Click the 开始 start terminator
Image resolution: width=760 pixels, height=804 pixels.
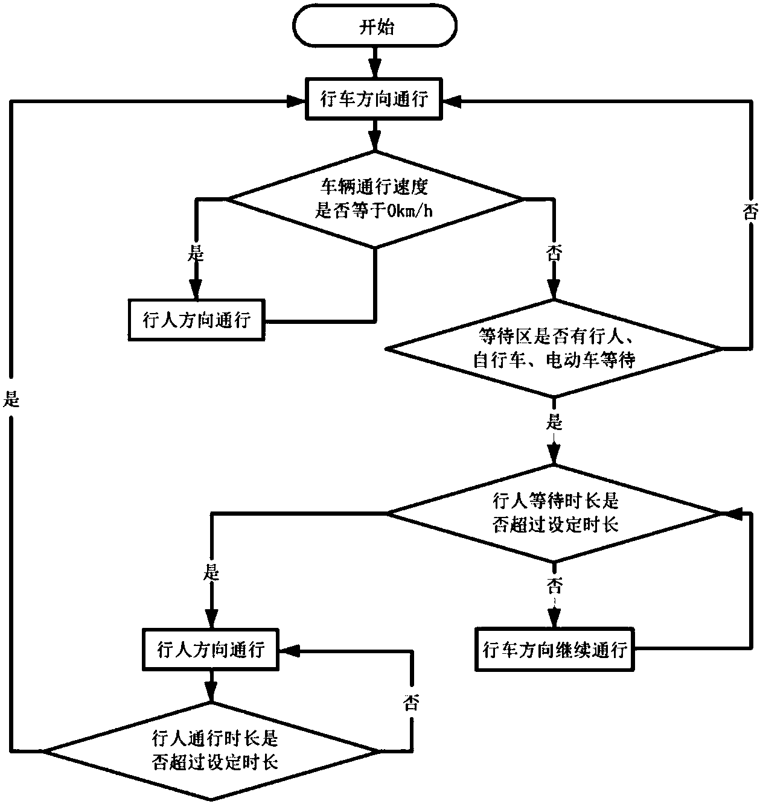[x=374, y=27]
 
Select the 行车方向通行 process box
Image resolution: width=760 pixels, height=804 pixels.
[x=374, y=100]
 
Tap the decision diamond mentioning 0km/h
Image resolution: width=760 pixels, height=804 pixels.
[x=374, y=198]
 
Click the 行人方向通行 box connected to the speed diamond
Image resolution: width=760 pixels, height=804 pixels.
[x=196, y=320]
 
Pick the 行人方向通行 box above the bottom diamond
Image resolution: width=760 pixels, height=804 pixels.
[x=210, y=650]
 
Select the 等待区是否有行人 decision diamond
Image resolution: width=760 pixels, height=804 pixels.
[x=553, y=349]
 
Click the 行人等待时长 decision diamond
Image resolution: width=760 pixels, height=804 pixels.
[x=554, y=513]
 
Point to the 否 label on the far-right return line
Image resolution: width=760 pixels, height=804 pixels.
[x=749, y=212]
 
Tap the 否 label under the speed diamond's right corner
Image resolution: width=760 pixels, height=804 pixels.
[x=553, y=254]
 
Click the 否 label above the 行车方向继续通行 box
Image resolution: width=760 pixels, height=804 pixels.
[x=554, y=584]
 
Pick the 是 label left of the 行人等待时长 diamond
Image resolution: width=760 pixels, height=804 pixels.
[x=211, y=572]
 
